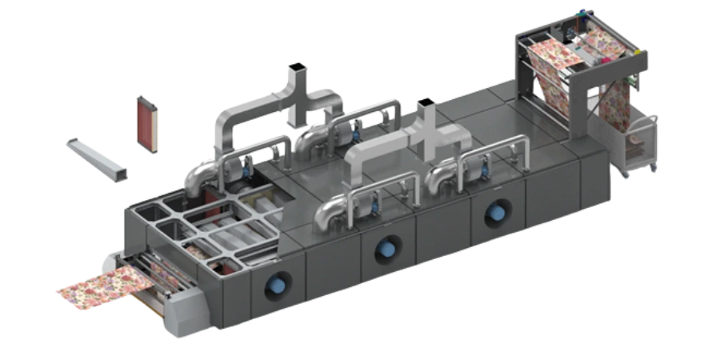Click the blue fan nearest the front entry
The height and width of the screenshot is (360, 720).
[279, 283]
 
